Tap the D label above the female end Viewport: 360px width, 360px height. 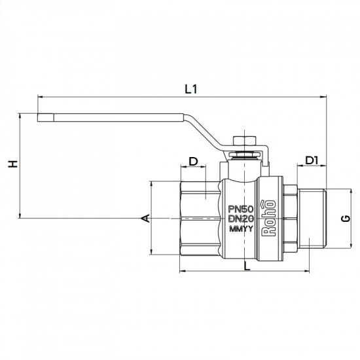point(193,162)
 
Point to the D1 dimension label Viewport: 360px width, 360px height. point(312,160)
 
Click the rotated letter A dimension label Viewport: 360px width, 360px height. point(146,217)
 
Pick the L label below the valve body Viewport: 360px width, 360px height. point(245,266)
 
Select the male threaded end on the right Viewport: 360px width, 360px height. point(314,217)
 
